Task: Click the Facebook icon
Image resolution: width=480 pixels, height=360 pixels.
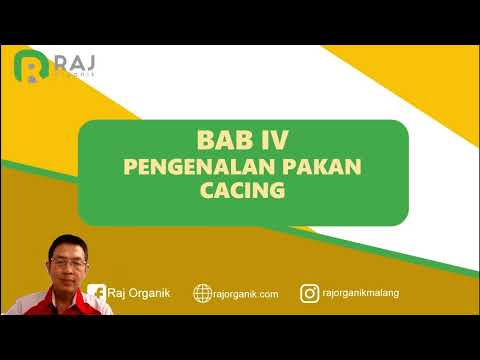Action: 97,292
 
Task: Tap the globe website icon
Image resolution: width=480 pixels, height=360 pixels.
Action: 204,293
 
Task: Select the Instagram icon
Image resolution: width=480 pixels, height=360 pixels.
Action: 310,293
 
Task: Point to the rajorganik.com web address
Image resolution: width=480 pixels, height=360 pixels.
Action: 247,293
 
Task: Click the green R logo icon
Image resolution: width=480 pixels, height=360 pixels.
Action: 31,66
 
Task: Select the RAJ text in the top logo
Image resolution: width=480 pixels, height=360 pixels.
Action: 75,60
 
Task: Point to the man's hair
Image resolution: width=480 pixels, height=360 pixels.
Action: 65,239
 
